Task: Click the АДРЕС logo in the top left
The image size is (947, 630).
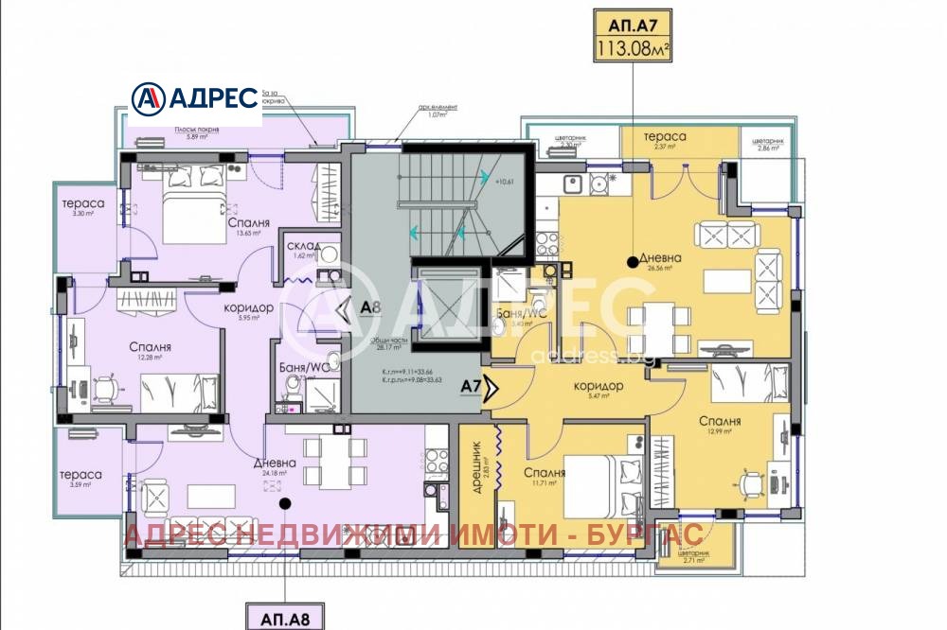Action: [x=194, y=97]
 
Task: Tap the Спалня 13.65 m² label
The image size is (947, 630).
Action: [x=249, y=228]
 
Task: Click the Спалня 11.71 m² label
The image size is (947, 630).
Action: [x=545, y=476]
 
